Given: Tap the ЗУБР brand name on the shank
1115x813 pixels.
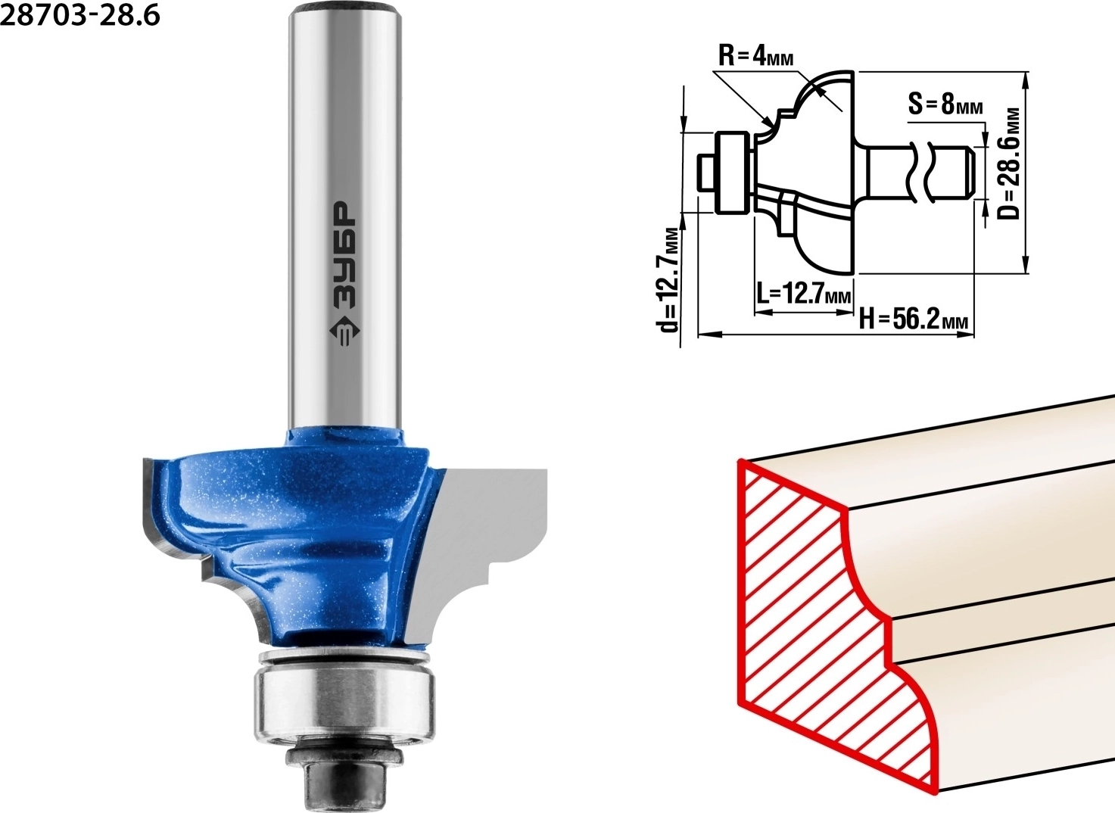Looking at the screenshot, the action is (344, 254).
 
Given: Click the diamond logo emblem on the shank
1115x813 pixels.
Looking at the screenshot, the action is (344, 331).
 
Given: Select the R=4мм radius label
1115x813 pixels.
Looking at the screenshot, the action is (755, 57).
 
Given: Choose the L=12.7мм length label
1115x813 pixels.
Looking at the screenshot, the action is (803, 293).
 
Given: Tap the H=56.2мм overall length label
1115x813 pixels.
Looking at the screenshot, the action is (914, 319).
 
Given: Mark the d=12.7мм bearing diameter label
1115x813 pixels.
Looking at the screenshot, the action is (668, 280).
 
